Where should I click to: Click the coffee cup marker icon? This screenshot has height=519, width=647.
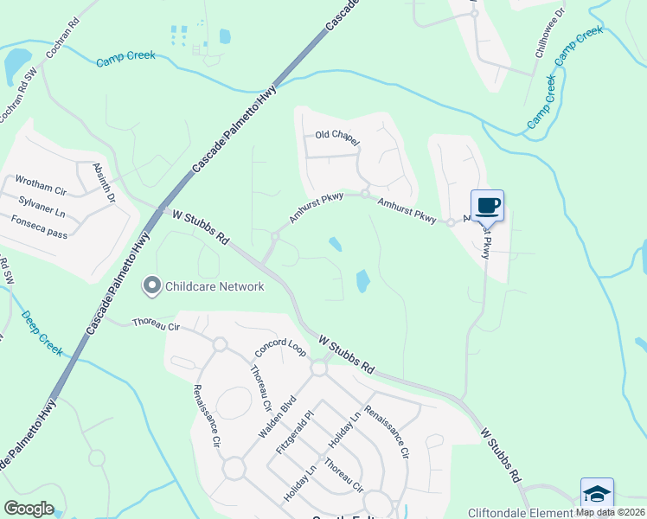pos(487,205)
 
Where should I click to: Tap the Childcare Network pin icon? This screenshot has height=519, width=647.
pos(152,285)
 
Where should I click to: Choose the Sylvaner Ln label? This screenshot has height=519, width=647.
pos(42,204)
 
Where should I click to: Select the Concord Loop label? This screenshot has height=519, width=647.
pos(280,348)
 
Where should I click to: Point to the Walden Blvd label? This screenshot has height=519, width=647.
pos(277,415)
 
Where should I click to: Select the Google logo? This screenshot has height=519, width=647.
pos(29,508)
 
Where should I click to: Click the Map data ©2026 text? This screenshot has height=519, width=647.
pos(610,512)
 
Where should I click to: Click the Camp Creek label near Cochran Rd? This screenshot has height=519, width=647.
pos(126,58)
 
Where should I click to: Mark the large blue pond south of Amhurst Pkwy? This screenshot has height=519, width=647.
pos(363,280)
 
